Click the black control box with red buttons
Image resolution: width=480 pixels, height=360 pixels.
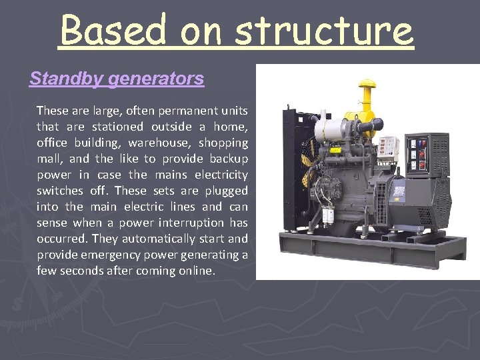coord(419,155)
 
